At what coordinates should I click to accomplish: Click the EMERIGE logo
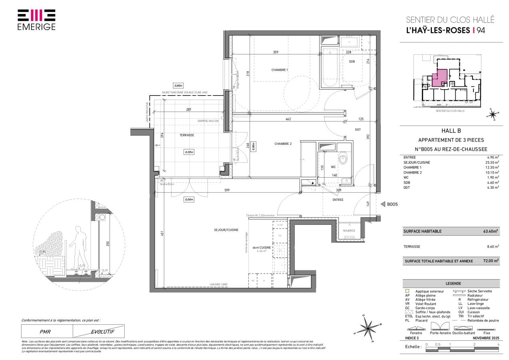tap(36, 20)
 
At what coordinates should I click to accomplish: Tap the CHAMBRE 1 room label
tap(279, 70)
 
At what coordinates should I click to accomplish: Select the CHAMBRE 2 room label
tap(283, 144)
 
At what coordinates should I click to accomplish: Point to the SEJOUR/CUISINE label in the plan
tap(226, 230)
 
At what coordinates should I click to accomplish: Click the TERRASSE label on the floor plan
tap(187, 135)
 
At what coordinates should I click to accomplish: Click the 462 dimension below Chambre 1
tap(288, 119)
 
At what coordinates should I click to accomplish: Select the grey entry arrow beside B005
tap(382, 204)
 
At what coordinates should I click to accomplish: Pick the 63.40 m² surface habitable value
tap(491, 231)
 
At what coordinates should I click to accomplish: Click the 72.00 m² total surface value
tap(491, 261)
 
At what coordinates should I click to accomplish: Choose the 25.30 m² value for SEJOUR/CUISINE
tap(492, 163)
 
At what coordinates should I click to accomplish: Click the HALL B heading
tap(451, 130)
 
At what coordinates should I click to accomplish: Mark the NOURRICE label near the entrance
tap(349, 230)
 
